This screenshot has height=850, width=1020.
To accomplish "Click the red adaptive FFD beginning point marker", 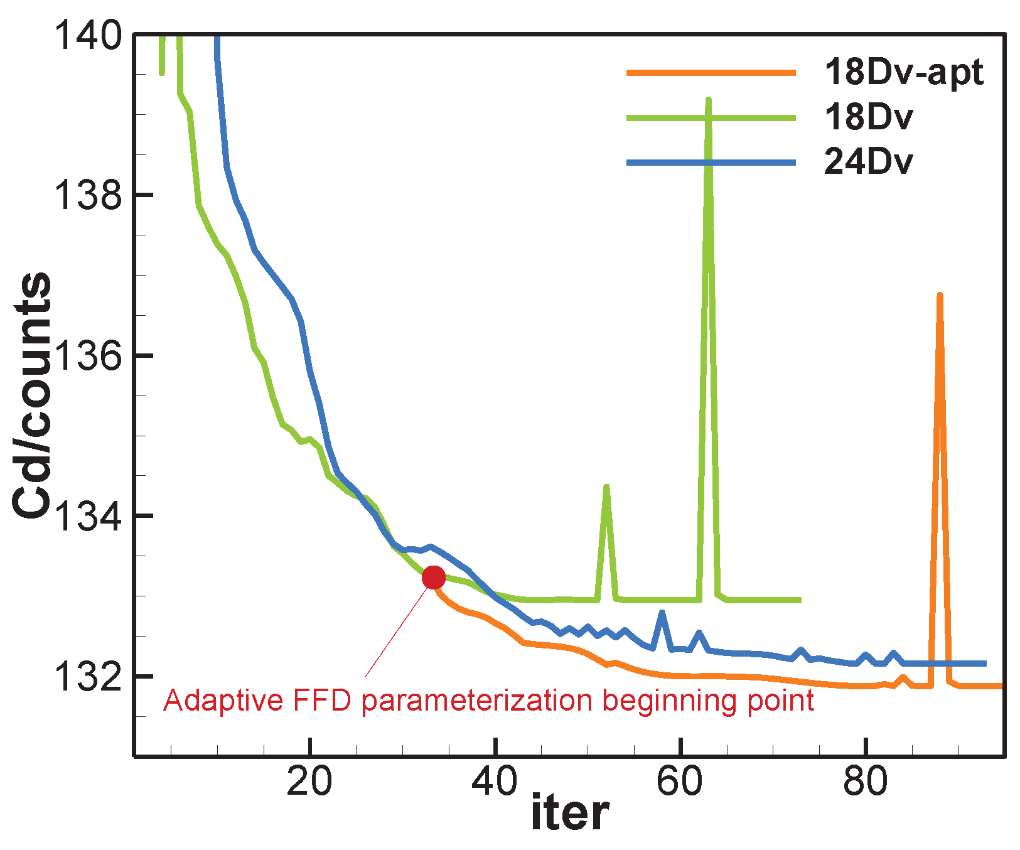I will [x=434, y=577].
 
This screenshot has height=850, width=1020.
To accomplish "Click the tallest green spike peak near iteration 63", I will [x=709, y=100].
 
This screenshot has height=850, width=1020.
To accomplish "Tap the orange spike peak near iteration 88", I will [x=940, y=295].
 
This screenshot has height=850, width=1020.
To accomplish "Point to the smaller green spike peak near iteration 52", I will [x=606, y=487].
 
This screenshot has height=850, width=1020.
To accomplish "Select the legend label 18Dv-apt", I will [x=904, y=73].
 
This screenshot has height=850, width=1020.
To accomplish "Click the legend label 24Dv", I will [x=868, y=163].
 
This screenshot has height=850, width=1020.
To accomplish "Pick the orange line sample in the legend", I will [x=711, y=73].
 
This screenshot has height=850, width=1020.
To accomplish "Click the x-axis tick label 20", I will [x=309, y=782].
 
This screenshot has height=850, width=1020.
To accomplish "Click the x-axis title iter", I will [x=569, y=814].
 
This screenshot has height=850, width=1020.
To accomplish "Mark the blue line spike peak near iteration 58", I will [x=662, y=612].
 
